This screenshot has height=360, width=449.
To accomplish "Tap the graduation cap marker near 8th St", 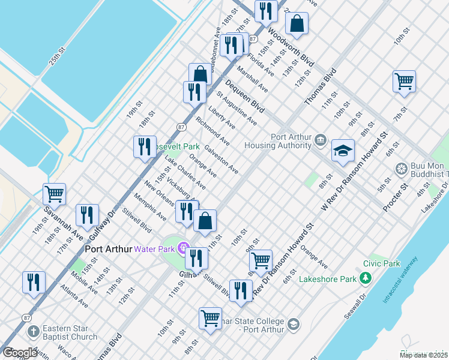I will (x=343, y=151).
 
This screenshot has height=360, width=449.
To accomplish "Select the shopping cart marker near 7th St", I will (x=405, y=81).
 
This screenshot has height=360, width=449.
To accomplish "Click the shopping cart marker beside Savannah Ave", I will (x=54, y=194).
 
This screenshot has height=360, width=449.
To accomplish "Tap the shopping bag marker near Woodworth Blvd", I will (x=297, y=24).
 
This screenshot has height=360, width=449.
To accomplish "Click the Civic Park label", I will (x=381, y=263).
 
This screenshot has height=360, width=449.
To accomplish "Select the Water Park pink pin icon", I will (x=184, y=248).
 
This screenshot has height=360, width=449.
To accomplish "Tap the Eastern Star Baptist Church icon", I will (x=34, y=332).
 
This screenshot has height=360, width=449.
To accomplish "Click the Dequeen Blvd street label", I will (x=245, y=96).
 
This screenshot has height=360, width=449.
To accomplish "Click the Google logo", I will (x=20, y=353).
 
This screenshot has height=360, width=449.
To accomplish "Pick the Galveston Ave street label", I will (x=221, y=160).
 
